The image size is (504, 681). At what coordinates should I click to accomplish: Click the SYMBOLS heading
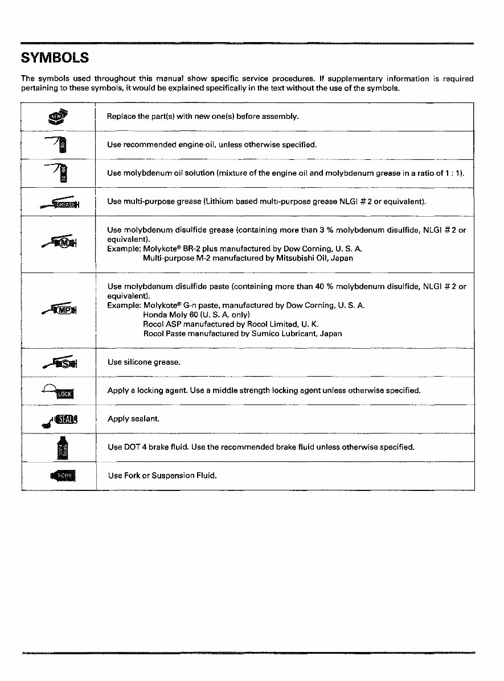click(55, 58)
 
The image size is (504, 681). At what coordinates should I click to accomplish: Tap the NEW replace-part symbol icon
click(58, 117)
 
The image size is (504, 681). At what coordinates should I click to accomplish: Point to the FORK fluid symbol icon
click(63, 476)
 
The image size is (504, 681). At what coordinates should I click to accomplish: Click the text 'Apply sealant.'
click(133, 419)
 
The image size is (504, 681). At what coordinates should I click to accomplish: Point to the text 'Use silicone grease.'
click(144, 362)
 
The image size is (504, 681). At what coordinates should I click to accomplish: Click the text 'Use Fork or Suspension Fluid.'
click(162, 475)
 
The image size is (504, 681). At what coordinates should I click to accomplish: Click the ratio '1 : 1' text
click(453, 173)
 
